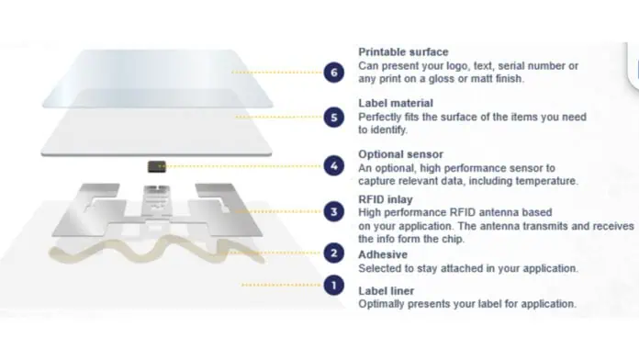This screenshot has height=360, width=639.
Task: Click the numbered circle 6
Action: click(334, 73)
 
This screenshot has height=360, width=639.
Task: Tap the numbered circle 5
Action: click(334, 118)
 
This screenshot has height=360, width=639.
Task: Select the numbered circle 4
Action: click(334, 166)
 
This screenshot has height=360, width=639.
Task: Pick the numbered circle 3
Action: click(334, 211)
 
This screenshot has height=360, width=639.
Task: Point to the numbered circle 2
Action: click(334, 253)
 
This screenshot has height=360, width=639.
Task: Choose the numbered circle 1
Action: click(334, 286)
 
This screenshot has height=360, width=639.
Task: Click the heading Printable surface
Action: click(403, 52)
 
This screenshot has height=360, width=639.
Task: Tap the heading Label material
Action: click(396, 103)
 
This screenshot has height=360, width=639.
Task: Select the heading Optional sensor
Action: click(400, 154)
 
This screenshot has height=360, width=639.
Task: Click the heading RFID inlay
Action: click(385, 199)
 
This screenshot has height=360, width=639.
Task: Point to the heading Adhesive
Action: click(383, 254)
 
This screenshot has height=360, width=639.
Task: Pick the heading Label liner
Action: click(386, 291)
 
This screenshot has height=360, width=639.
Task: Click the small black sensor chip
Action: click(156, 166)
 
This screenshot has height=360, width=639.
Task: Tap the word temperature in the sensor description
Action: click(546, 181)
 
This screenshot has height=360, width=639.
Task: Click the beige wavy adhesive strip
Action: click(155, 250)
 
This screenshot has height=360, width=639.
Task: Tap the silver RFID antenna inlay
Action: click(157, 210)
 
